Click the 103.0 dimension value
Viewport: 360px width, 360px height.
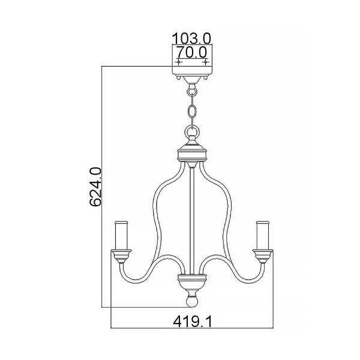tap(191, 38)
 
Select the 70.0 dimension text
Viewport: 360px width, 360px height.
tap(191, 53)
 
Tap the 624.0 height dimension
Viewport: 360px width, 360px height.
tap(95, 187)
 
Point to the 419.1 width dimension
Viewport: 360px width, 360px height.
tap(193, 322)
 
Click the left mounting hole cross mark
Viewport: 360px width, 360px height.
tap(178, 62)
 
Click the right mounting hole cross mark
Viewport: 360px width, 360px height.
tap(206, 62)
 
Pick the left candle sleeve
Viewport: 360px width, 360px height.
tap(121, 235)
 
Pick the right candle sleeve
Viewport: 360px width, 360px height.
tap(263, 235)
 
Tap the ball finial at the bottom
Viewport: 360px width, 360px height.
tap(192, 301)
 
